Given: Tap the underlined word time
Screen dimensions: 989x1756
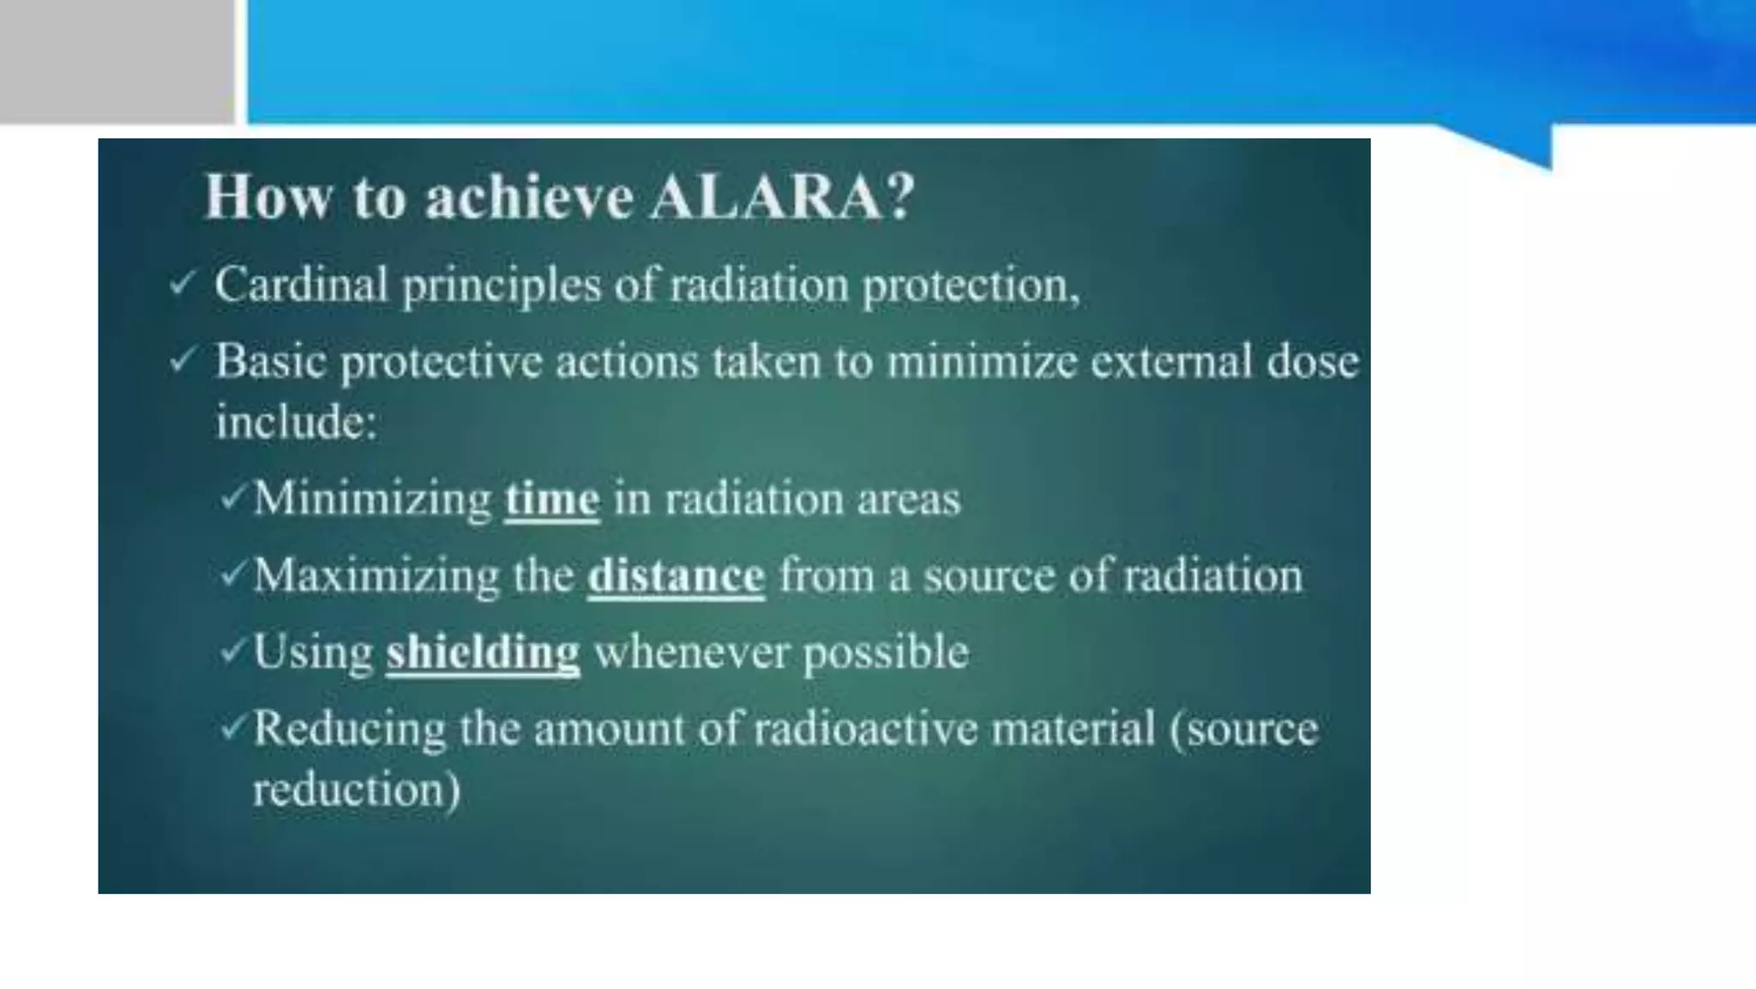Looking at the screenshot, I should pos(552,499).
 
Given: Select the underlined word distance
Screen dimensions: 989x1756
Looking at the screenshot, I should pos(676,576).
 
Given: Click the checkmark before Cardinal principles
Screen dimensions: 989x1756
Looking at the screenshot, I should pos(183,283).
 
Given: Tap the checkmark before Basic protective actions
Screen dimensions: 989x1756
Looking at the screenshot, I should pos(183,360).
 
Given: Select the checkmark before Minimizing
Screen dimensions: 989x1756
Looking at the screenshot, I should pos(233,497).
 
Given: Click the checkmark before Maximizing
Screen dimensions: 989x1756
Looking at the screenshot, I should pos(233,573).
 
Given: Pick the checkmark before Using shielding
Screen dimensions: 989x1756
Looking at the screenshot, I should pos(233,650).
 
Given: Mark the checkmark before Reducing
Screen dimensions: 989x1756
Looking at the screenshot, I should pos(233,727).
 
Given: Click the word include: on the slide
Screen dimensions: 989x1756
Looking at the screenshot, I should pos(296,422).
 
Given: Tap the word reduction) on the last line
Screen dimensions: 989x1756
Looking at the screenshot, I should pos(356,789).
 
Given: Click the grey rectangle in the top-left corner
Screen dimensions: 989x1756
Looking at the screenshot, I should pos(117,60).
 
